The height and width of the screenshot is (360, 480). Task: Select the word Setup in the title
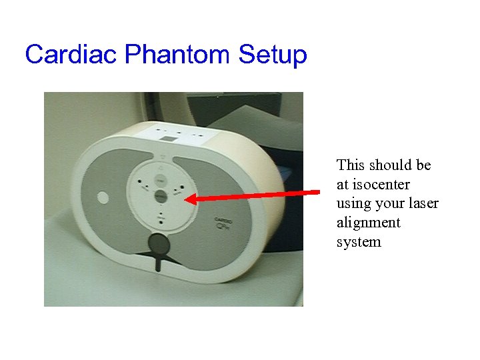pyautogui.click(x=273, y=55)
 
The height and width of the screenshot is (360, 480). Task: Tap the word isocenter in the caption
pyautogui.click(x=381, y=184)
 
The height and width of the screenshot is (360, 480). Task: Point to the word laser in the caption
pyautogui.click(x=422, y=203)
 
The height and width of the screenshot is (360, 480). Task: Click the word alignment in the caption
pyautogui.click(x=368, y=223)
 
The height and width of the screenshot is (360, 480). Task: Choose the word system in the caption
pyautogui.click(x=359, y=242)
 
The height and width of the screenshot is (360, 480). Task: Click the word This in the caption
pyautogui.click(x=350, y=165)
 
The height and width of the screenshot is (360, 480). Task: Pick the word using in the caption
pyautogui.click(x=354, y=203)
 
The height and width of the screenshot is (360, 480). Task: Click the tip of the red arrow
pyautogui.click(x=186, y=198)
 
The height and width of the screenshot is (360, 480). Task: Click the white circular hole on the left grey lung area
pyautogui.click(x=103, y=197)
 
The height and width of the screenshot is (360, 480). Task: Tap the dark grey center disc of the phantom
pyautogui.click(x=160, y=196)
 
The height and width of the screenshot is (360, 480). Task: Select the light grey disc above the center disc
pyautogui.click(x=159, y=180)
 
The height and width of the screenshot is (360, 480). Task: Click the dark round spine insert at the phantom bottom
pyautogui.click(x=157, y=243)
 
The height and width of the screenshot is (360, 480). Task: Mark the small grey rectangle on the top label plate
pyautogui.click(x=169, y=138)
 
